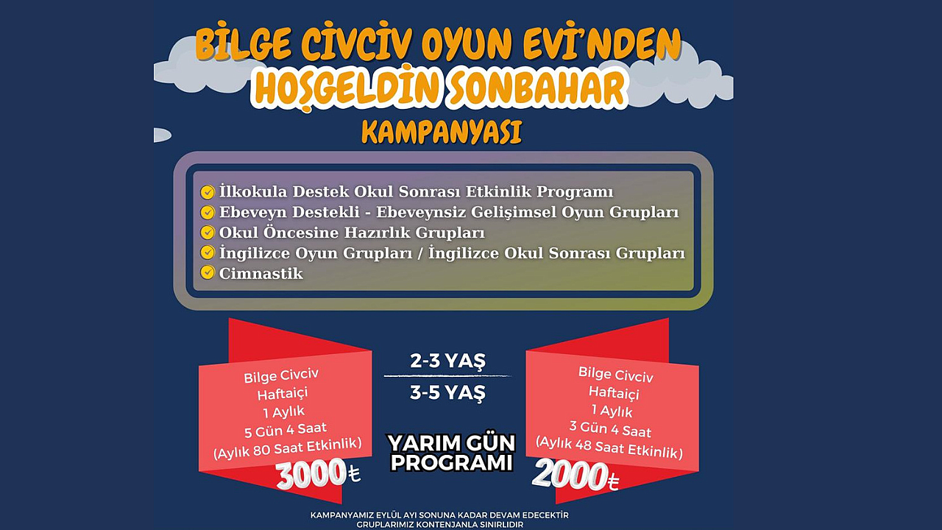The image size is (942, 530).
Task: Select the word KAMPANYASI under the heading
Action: coord(442,132)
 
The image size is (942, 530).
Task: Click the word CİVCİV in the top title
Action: coord(355,44)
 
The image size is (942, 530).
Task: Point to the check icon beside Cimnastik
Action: coord(208,272)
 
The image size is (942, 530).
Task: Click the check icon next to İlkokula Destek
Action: coord(208,192)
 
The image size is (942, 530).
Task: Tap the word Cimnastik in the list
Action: coord(261,273)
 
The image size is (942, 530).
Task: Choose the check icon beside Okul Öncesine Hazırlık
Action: coord(208,232)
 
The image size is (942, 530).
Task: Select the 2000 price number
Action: coord(570,476)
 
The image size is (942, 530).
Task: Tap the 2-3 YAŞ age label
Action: coord(448,361)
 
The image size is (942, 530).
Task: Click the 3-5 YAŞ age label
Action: coord(448,393)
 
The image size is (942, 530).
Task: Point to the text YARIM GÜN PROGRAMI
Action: coord(452,453)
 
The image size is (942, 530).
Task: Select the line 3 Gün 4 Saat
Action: coord(610,429)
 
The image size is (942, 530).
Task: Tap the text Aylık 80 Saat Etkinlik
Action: coord(288,449)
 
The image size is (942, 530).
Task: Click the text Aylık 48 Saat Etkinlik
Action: coord(609,448)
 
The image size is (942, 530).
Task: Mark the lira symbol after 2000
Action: coord(614,481)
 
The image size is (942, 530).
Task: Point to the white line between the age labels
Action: coord(447,375)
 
